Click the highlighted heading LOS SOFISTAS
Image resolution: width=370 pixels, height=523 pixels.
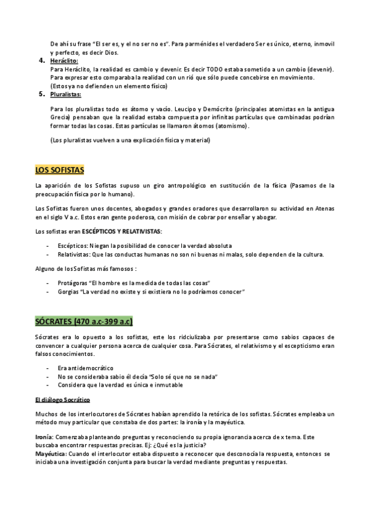click(x=59, y=169)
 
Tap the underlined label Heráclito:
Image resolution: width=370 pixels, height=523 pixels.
click(x=64, y=61)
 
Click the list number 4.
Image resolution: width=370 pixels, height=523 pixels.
click(x=41, y=60)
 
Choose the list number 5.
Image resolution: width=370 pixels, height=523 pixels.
click(x=41, y=94)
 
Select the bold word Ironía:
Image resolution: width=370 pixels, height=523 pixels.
click(x=44, y=436)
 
